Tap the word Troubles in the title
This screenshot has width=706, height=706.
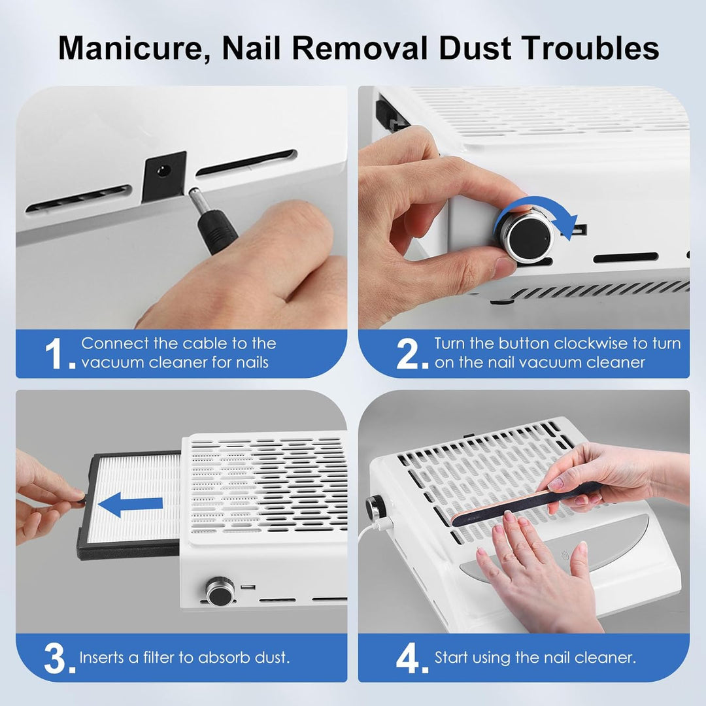[585, 47]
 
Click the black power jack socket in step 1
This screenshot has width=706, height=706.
[164, 175]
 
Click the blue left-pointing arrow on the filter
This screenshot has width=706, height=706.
[130, 504]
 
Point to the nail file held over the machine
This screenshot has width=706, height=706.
[524, 503]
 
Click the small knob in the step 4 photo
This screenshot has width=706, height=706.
[375, 507]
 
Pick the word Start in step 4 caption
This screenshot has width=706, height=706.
[450, 658]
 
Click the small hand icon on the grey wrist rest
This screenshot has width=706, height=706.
[565, 554]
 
